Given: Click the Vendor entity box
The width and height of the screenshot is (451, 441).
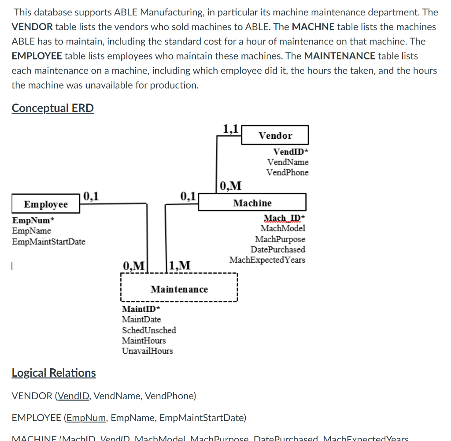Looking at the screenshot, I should click(275, 136).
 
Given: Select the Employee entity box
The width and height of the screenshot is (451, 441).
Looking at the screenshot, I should click(46, 204).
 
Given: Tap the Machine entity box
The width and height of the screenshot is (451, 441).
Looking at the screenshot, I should click(252, 203).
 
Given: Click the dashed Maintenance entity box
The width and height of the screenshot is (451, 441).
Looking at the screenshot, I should click(179, 289).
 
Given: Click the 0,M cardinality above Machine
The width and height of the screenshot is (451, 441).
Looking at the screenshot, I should click(230, 185).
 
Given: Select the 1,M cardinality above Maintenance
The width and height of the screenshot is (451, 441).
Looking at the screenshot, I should click(180, 265).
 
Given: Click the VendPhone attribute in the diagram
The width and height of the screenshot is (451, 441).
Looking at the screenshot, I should click(287, 173).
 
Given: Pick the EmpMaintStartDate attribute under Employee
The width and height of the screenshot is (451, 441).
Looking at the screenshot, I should click(48, 241).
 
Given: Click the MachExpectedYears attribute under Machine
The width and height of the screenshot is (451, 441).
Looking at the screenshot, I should click(267, 260).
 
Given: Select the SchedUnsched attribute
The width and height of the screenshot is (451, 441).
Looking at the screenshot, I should click(149, 330).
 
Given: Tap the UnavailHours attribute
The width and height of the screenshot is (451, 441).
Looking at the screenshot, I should click(147, 351).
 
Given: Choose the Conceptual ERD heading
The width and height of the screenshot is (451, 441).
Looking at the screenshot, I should click(52, 108).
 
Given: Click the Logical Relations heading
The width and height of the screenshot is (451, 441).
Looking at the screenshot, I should click(53, 373).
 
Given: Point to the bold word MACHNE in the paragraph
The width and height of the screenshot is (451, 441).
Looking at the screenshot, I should click(313, 27).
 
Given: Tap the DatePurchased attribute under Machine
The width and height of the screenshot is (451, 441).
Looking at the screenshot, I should click(278, 249).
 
